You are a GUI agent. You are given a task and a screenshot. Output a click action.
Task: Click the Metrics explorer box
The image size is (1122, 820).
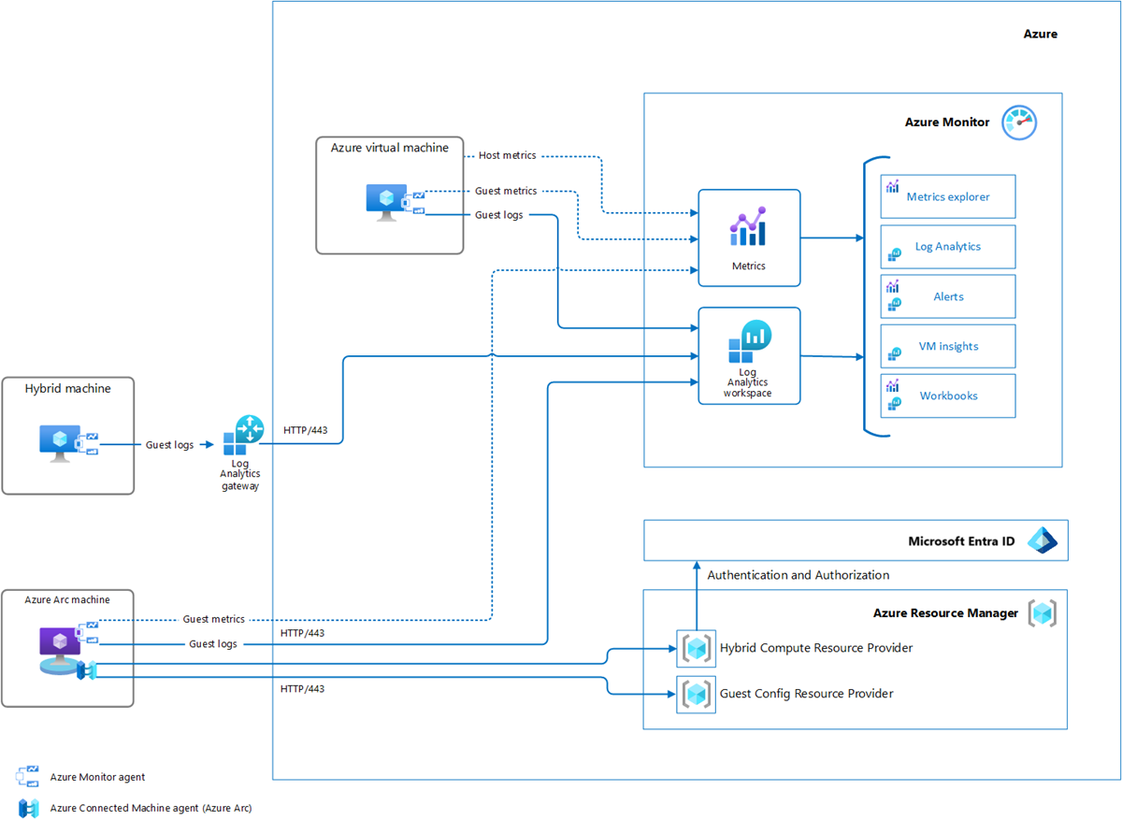click(947, 196)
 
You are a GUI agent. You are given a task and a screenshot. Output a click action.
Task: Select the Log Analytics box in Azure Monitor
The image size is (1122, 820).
click(947, 247)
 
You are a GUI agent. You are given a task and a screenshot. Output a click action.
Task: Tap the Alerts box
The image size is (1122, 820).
click(947, 296)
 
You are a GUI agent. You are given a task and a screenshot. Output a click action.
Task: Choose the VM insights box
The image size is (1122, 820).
click(947, 346)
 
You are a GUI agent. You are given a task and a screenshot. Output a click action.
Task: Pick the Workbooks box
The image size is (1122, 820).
click(947, 396)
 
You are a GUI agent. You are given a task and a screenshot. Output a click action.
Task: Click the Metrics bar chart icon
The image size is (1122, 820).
click(748, 227)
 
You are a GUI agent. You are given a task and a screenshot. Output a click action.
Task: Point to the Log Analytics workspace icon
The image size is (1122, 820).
click(748, 342)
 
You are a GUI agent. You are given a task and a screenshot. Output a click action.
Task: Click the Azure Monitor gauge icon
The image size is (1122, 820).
click(1019, 122)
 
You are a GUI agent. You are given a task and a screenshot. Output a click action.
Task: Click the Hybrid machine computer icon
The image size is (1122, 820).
click(60, 442)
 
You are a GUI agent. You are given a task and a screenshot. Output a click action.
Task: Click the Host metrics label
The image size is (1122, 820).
click(507, 155)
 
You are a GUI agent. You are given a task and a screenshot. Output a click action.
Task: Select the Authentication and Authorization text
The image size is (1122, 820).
click(798, 575)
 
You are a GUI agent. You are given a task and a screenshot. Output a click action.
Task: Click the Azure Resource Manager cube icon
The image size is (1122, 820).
click(1042, 613)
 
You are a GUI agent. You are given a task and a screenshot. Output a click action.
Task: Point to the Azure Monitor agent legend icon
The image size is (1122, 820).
click(27, 776)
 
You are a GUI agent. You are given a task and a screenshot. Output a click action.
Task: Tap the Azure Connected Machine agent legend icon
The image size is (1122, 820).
click(27, 807)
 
